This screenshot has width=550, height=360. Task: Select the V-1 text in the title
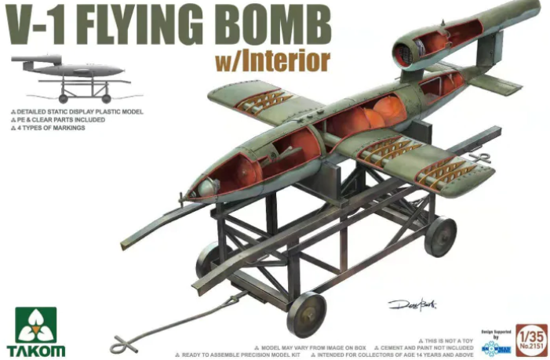coord(35,26)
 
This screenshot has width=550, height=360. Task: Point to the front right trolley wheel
coord(306,314)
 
